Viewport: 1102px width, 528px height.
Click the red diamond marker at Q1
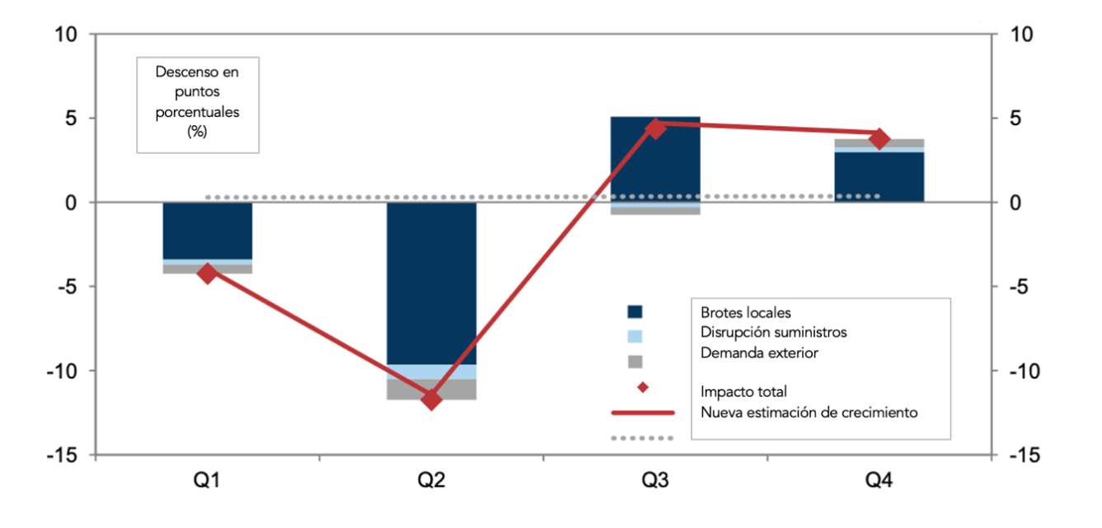coord(208,273)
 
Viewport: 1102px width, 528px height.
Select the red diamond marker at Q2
coord(432,400)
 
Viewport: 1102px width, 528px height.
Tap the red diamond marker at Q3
coord(656,128)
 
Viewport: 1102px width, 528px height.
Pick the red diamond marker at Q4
coord(879,138)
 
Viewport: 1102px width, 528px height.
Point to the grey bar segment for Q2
coord(432,390)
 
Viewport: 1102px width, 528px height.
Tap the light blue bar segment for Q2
coord(432,371)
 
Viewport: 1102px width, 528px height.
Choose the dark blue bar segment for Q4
coord(879,177)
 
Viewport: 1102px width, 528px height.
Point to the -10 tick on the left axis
coord(61,371)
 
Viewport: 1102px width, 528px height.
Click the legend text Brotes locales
coord(745,313)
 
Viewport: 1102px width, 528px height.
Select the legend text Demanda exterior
coord(759,353)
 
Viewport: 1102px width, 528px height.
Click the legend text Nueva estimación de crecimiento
coord(809,412)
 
